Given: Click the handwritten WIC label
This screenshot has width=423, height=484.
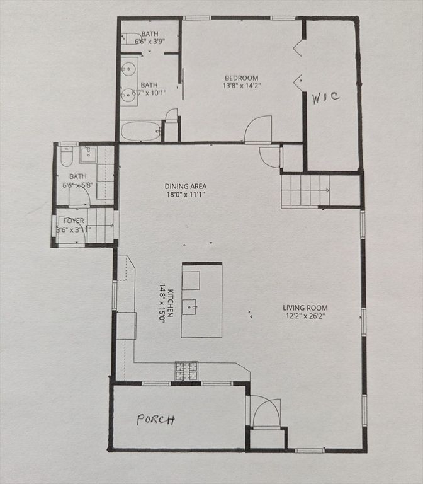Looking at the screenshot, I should tap(326, 97).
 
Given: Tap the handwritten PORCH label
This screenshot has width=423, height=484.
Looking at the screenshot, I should tap(155, 420).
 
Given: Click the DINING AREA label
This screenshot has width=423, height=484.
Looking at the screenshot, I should tap(186, 187).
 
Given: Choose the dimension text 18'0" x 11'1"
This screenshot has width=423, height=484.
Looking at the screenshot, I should tap(186, 195).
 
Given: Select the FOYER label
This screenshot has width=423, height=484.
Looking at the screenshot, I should tap(74, 221).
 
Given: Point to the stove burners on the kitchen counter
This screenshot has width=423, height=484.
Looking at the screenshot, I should tap(186, 371).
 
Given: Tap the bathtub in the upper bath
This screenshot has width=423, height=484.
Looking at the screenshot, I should tap(140, 131).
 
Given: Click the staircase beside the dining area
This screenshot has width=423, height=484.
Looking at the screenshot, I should tap(306, 190).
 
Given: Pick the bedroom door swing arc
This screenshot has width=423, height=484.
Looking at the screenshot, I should tap(257, 129).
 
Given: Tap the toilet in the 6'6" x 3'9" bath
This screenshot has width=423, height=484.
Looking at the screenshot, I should tap(131, 39).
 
